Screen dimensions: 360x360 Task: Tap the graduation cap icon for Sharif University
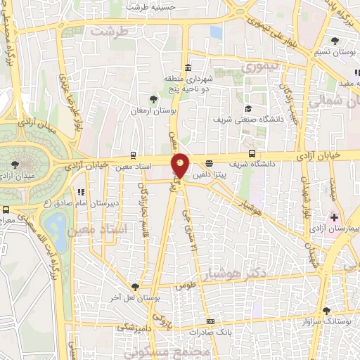click(x=248, y=108)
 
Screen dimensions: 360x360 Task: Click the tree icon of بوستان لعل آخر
click(x=134, y=287)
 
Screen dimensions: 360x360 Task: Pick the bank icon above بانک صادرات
click(x=210, y=321)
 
